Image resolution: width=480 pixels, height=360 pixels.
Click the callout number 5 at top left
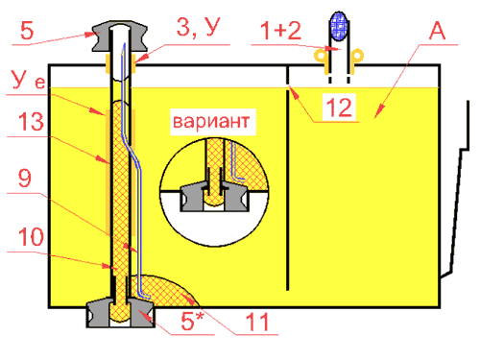coord(27,31)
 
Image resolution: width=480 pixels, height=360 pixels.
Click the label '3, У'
coord(199,27)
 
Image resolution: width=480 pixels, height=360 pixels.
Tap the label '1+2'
coord(280,31)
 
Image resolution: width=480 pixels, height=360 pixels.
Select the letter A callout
coord(438,31)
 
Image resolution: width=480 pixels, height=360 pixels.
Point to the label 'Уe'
coord(28,79)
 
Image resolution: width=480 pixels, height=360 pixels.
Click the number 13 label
coord(31,122)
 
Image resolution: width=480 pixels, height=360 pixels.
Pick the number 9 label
coord(25,178)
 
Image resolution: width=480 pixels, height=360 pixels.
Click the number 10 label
coord(31,237)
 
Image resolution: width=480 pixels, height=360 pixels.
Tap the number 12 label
coord(339,108)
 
